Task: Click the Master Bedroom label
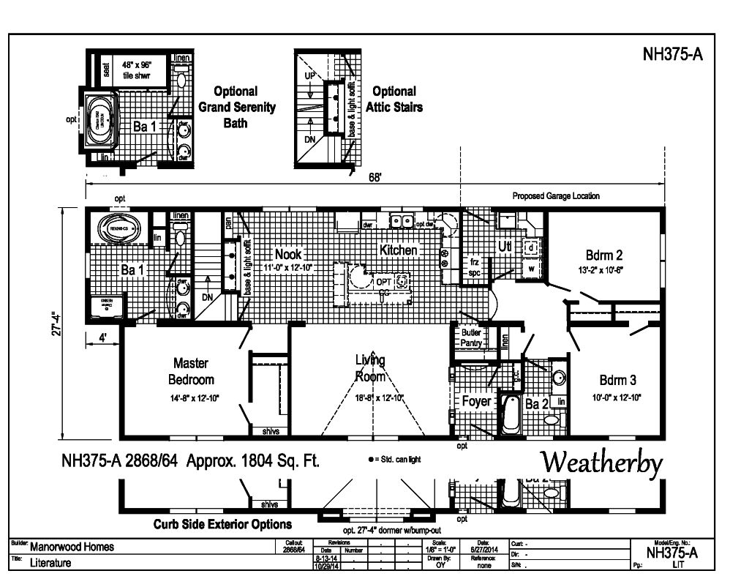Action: pos(191,371)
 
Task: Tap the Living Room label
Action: pos(370,367)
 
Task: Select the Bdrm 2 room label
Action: pos(604,255)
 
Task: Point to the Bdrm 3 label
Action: pos(618,380)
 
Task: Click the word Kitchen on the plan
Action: pos(399,250)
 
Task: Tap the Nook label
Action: pos(288,254)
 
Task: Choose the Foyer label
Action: pos(476,401)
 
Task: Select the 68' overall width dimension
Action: pos(374,179)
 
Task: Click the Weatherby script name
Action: pos(601,463)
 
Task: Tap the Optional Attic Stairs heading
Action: pos(394,99)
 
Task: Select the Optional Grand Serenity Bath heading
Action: pos(236,107)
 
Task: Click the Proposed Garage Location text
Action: pos(556,196)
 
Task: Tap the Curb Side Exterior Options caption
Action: pos(222,524)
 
